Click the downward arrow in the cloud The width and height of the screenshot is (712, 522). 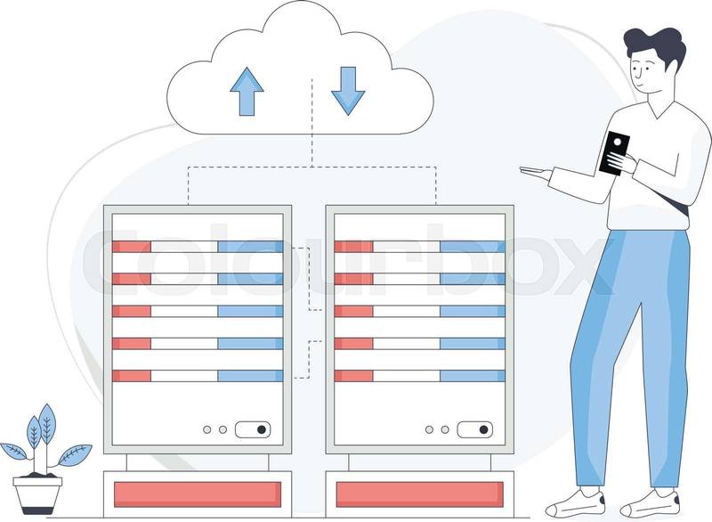tap(348, 90)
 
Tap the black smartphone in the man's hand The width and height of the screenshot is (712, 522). tap(614, 152)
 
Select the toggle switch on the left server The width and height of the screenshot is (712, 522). tap(252, 429)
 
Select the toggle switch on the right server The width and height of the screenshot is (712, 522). tap(474, 429)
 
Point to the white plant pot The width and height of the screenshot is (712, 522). tap(37, 492)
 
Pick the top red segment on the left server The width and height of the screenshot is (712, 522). tap(132, 247)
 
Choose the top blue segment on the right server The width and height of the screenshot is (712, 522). tap(472, 247)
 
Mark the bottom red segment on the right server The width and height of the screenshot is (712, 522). tap(353, 375)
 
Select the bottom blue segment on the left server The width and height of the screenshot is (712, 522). tap(250, 375)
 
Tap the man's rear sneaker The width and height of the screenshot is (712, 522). tap(651, 503)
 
